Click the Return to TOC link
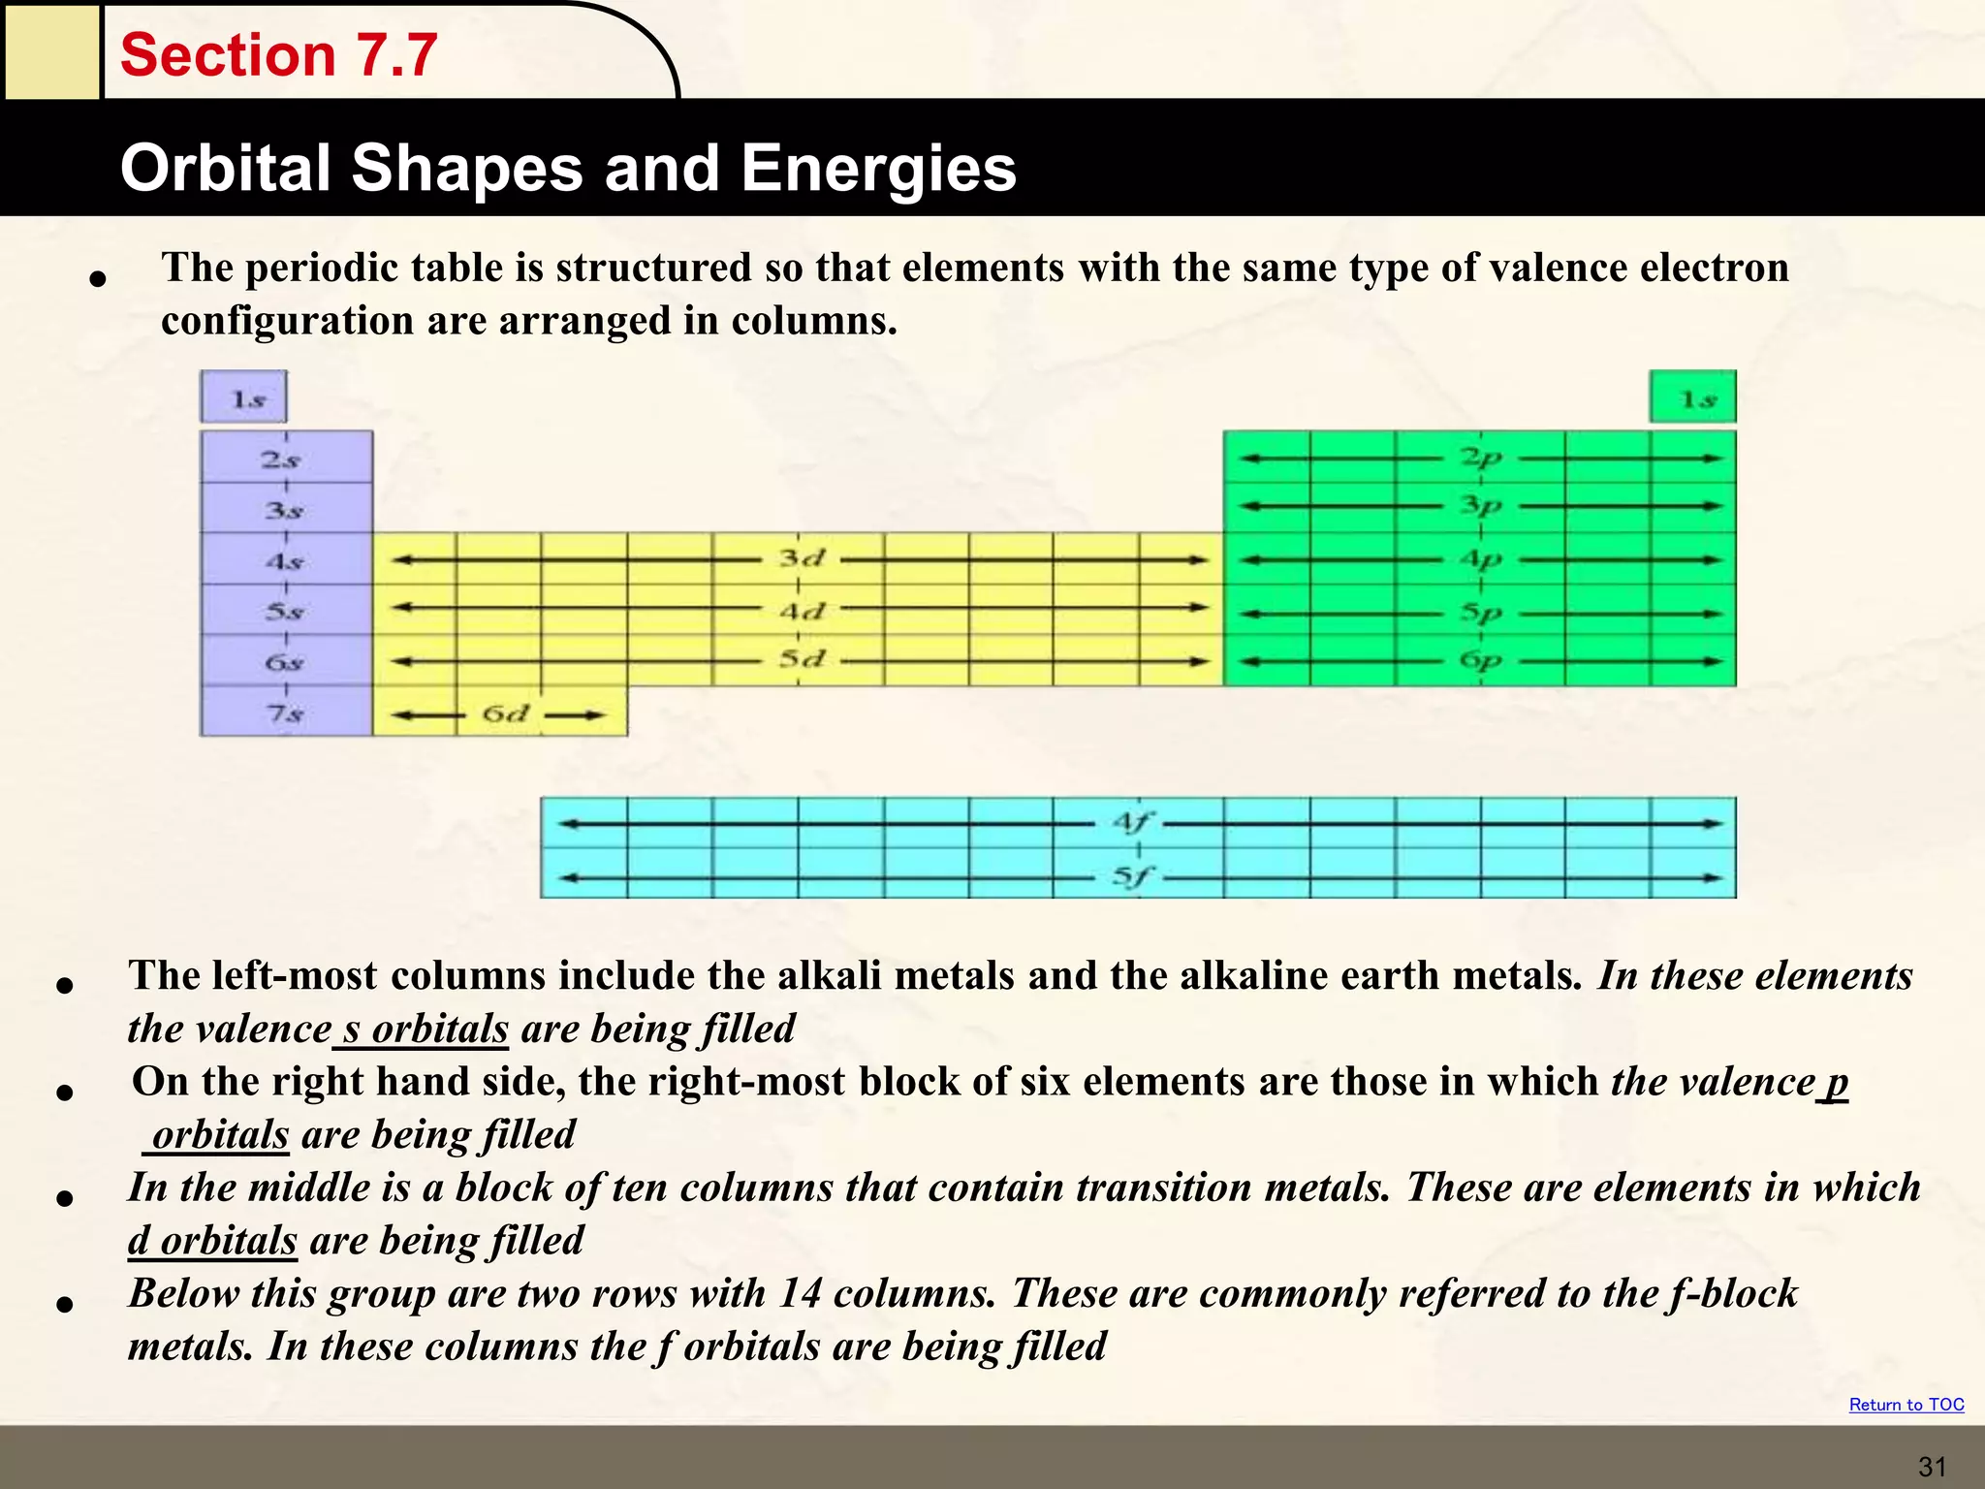(1906, 1405)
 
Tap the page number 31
(1932, 1467)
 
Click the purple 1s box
(243, 397)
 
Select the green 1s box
(1692, 397)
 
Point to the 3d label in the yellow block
(802, 558)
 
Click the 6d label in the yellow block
(505, 714)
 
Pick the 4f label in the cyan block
(1131, 823)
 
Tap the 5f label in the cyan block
(1131, 876)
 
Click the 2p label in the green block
(1480, 458)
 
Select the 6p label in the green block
(1480, 660)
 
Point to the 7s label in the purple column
(285, 713)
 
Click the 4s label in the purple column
(285, 561)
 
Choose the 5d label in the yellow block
(802, 659)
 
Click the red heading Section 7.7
(279, 54)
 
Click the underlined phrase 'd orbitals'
(212, 1240)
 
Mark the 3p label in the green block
(1480, 505)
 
